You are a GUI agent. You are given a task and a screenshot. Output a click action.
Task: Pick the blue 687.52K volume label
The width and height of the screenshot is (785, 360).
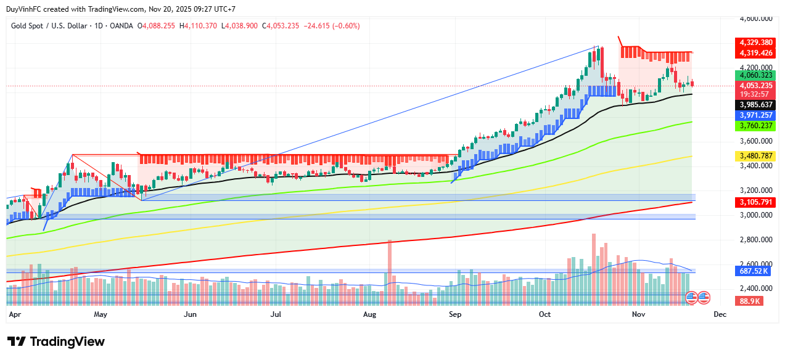[x=754, y=271]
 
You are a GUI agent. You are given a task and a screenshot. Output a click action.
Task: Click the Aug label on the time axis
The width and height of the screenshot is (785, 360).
[x=369, y=314]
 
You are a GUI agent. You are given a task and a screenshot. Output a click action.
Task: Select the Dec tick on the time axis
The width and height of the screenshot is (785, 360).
[x=720, y=314]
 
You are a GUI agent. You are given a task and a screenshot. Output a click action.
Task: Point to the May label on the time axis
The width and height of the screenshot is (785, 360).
[x=101, y=314]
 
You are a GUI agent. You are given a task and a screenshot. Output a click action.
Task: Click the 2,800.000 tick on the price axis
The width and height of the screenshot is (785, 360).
[x=756, y=239]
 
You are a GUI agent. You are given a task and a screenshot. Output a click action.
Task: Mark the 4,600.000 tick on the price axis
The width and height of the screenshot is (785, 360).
[x=756, y=18]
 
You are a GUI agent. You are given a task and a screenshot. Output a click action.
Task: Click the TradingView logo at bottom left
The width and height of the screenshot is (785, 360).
[x=56, y=342]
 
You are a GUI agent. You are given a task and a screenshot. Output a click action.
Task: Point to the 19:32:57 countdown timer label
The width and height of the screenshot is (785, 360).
[x=754, y=94]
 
